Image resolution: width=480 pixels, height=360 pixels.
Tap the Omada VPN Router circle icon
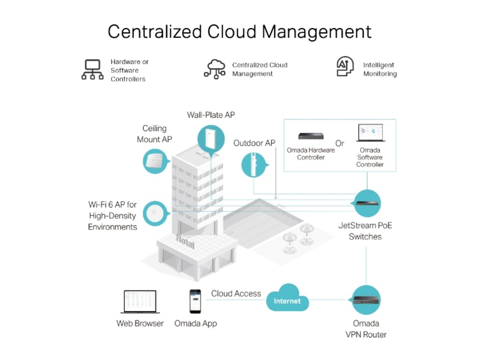coord(366,300)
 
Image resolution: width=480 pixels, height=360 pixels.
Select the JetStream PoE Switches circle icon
coord(367,203)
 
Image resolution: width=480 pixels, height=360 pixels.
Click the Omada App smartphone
coord(195,301)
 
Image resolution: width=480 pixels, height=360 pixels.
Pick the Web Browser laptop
coord(140,302)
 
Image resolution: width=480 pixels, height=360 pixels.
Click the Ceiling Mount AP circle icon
coord(156,161)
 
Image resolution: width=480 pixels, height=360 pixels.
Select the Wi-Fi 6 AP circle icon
coord(156,213)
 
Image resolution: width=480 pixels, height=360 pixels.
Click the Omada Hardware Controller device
coord(311,135)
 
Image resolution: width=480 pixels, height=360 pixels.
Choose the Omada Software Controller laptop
coord(370,133)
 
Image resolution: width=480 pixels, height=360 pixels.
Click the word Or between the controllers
coord(339,143)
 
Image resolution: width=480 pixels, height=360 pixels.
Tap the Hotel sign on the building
coord(185,241)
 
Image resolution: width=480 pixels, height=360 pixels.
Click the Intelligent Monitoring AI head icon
coord(345,66)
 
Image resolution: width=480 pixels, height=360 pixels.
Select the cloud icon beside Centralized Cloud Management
coord(215,69)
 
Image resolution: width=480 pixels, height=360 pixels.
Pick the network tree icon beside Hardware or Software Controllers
coord(92,69)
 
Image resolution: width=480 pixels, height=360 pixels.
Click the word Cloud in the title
coord(232,31)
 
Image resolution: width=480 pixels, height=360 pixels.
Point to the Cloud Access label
coord(236,293)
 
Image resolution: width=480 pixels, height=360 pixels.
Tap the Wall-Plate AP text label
coord(211,115)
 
